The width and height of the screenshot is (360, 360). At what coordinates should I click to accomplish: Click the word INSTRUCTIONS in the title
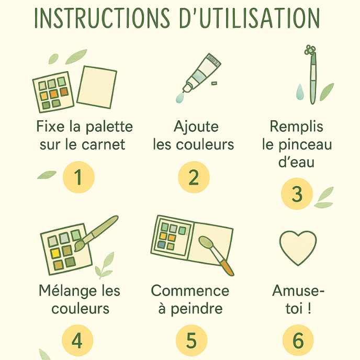pos(102,18)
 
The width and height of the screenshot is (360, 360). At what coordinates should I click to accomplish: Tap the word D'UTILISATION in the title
pos(250,18)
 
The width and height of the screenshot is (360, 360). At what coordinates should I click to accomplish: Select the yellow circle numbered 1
pos(78,177)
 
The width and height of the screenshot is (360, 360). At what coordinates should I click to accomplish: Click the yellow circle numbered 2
pos(194,177)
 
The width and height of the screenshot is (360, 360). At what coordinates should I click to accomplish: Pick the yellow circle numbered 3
pos(297,194)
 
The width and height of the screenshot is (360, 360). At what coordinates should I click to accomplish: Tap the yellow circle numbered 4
pos(77,340)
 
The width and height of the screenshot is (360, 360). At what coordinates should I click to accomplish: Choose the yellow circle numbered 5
pos(192,340)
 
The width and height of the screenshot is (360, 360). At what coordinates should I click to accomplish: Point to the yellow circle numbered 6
pos(298,340)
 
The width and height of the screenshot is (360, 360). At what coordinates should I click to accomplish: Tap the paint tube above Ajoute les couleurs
pos(201,73)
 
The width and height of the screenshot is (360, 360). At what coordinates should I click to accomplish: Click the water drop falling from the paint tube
pos(180,98)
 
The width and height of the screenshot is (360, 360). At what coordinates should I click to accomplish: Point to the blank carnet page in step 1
pos(97,87)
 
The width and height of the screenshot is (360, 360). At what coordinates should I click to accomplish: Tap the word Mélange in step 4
pos(67,291)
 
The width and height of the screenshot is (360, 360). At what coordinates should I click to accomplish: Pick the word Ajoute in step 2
pos(196,127)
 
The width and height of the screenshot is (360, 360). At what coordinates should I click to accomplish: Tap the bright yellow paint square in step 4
pos(55,253)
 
